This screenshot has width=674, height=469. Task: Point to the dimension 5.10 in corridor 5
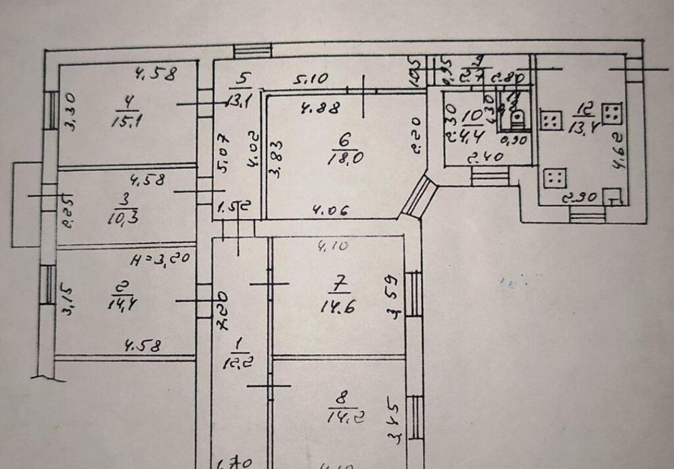click(x=311, y=80)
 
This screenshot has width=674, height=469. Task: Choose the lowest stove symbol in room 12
click(x=554, y=179)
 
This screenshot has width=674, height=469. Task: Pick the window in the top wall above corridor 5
click(x=252, y=51)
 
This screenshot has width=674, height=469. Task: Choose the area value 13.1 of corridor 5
click(x=239, y=100)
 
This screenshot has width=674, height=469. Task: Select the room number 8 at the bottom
click(x=339, y=396)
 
